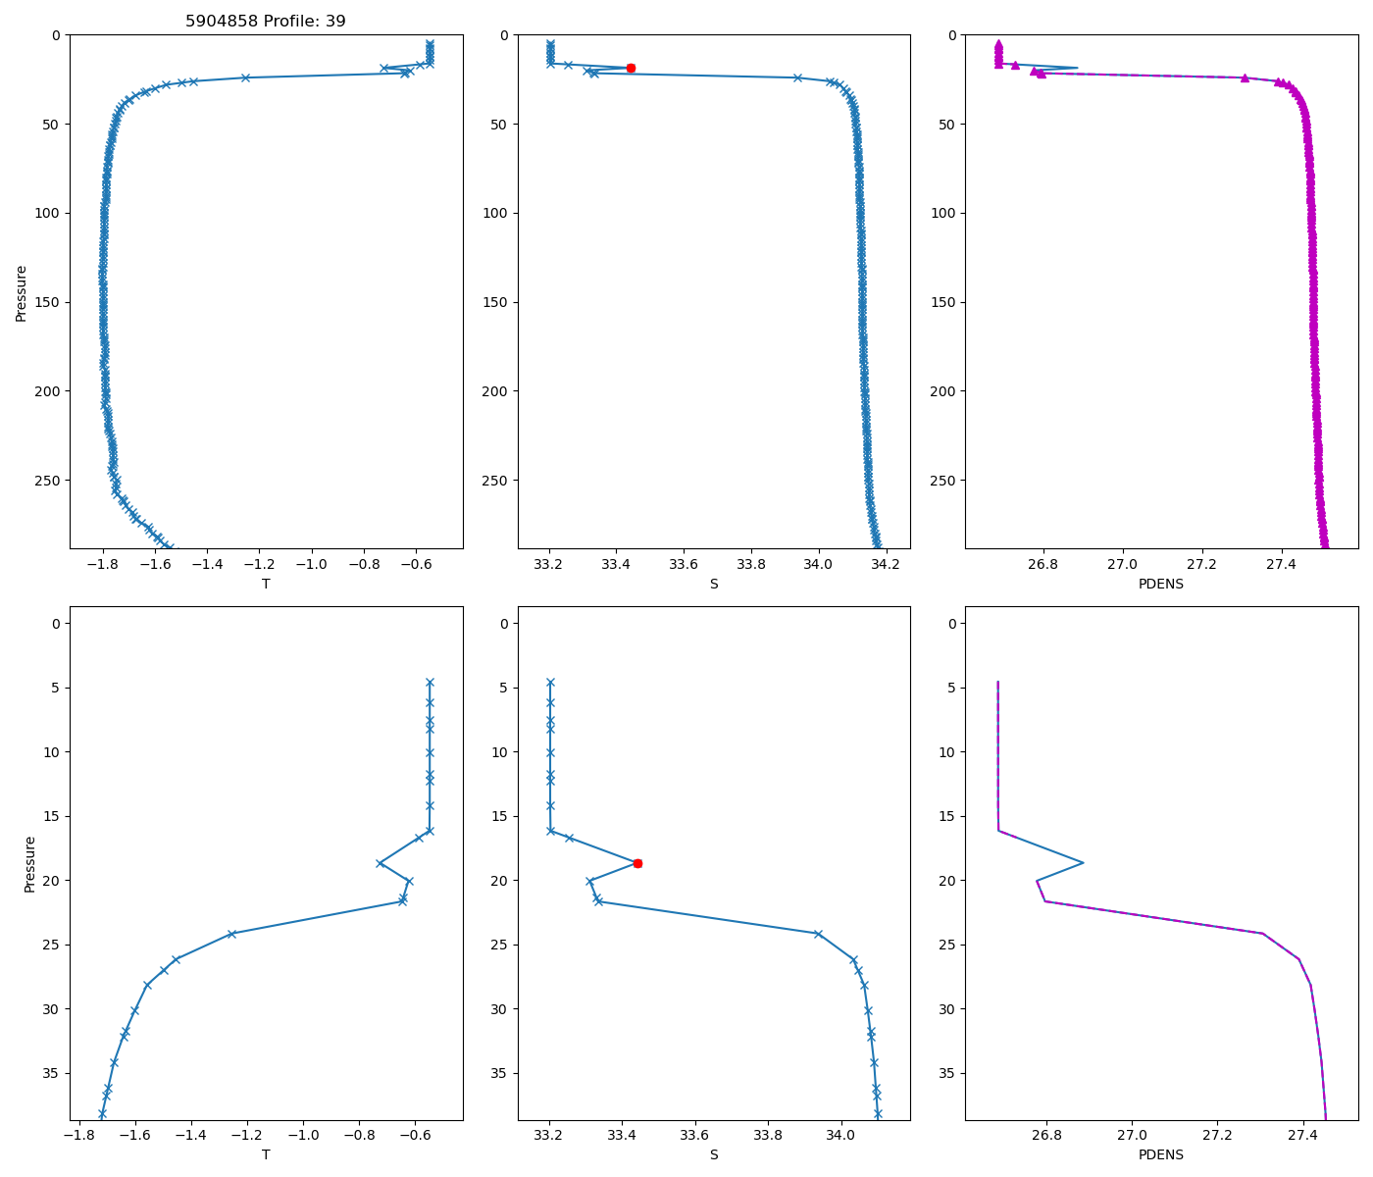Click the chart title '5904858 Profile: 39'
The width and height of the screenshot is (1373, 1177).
[266, 21]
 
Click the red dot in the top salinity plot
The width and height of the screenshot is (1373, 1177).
[631, 68]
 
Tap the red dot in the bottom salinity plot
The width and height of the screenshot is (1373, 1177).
[637, 863]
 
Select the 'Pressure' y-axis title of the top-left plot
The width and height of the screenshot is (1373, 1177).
[22, 292]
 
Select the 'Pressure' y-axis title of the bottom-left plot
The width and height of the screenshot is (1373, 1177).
[29, 863]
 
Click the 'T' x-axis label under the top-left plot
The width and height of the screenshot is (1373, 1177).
[266, 584]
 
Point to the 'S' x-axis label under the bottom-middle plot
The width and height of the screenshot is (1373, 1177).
[714, 1154]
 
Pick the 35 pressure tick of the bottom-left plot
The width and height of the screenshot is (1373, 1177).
[52, 1073]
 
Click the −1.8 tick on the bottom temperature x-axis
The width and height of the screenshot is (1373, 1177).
[79, 1135]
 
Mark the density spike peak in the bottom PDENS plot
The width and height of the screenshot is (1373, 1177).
[1083, 863]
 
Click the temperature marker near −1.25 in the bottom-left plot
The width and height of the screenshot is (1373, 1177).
[231, 934]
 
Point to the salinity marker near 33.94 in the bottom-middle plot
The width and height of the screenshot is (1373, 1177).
[818, 934]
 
